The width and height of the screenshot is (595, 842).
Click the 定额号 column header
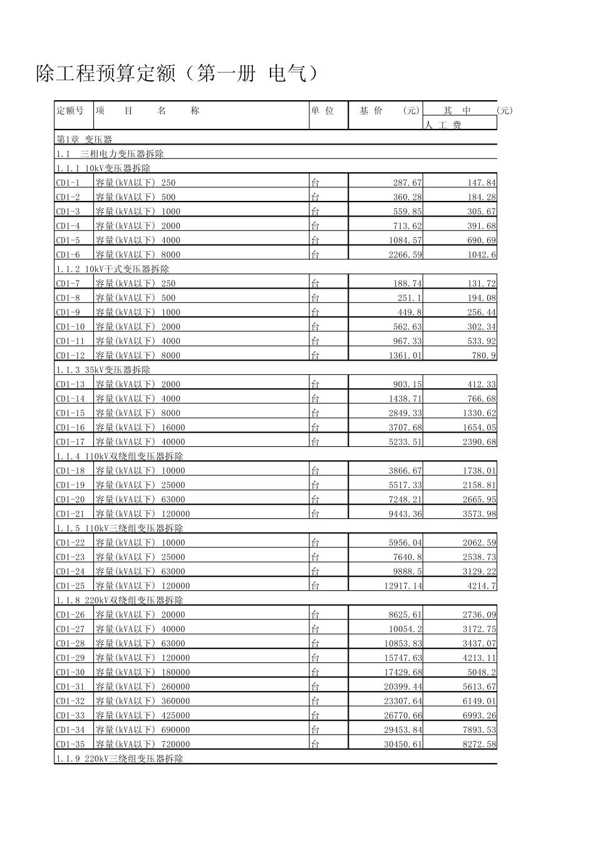[70, 111]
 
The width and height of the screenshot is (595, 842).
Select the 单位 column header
[323, 111]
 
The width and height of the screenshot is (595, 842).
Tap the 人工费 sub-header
[443, 125]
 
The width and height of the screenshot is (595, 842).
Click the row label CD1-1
[68, 183]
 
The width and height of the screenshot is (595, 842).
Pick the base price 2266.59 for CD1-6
[403, 255]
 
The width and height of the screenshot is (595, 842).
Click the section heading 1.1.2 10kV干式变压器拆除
[113, 269]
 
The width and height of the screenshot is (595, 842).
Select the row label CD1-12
[70, 356]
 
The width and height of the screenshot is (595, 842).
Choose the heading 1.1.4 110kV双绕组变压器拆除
[120, 456]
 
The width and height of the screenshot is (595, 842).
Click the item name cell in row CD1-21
[143, 514]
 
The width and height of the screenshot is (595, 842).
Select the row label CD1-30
[70, 672]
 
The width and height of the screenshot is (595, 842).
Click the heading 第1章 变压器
[85, 140]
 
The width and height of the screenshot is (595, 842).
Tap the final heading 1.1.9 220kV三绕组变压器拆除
[120, 759]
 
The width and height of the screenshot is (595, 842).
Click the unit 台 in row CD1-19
[315, 485]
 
